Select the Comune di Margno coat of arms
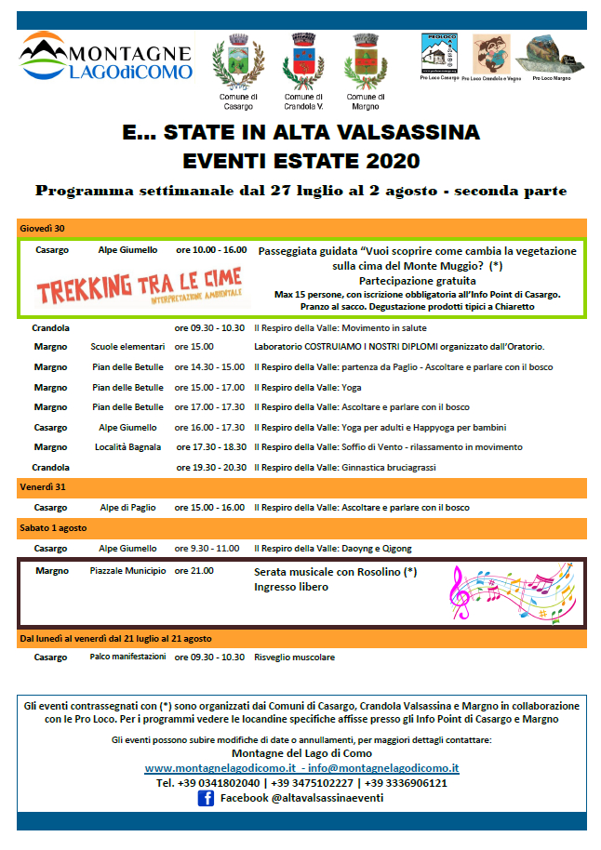[x=362, y=60]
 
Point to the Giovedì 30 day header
[x=43, y=228]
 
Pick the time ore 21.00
[x=194, y=570]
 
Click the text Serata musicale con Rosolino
[x=335, y=572]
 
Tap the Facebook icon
[x=206, y=797]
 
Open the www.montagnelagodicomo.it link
[x=220, y=768]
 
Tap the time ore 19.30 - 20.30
[x=209, y=467]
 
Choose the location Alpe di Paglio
[x=127, y=508]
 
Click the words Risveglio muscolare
[x=294, y=657]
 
